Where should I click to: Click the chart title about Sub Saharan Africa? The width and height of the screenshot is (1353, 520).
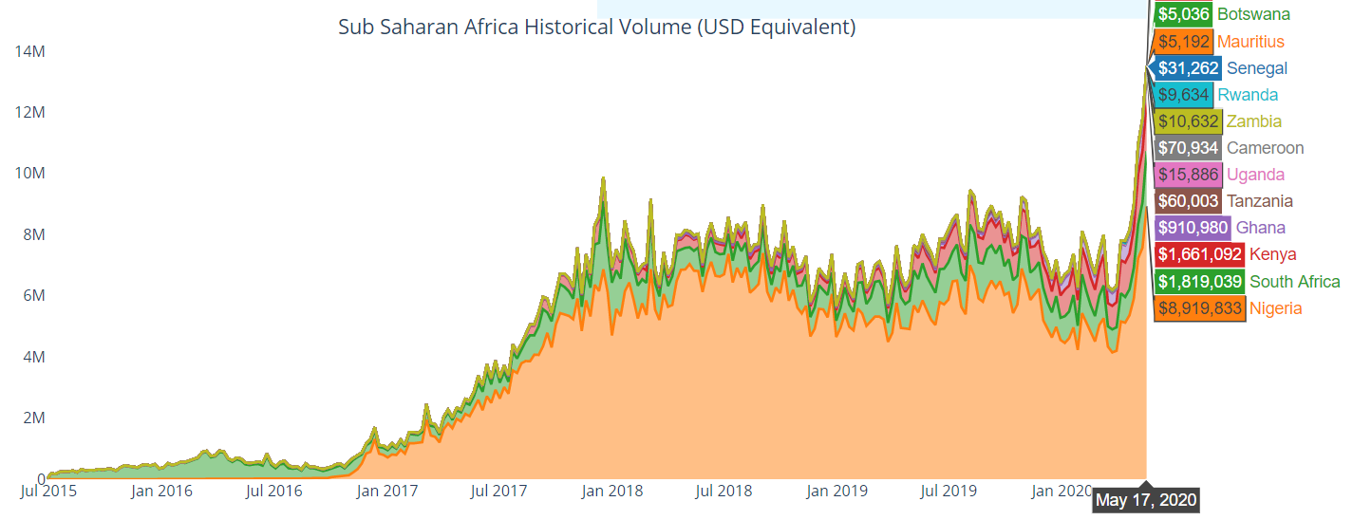pos(596,27)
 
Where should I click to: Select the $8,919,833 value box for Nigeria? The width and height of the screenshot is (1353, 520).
pos(1199,308)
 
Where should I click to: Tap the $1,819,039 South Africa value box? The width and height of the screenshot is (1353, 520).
pos(1199,282)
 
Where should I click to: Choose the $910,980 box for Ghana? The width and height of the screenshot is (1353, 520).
pos(1192,228)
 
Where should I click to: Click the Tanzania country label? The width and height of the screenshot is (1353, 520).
pos(1259,201)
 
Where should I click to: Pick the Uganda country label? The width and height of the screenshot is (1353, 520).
pos(1255,175)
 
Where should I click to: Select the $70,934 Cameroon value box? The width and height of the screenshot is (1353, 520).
pos(1187,148)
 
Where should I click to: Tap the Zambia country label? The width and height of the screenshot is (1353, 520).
pos(1253,121)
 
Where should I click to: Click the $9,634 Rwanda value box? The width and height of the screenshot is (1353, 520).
pos(1183,95)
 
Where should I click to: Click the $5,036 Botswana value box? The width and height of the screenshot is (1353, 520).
pos(1182,15)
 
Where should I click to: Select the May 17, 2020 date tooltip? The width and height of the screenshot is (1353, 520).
pos(1146,499)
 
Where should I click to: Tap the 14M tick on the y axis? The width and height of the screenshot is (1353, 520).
pos(29,51)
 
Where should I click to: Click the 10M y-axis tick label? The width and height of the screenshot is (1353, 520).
pos(29,174)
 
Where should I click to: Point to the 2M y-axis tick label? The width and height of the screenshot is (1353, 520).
pos(33,418)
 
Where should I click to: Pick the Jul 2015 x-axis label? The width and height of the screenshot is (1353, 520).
pos(48,492)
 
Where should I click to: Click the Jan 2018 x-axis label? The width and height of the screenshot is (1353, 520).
pos(611,492)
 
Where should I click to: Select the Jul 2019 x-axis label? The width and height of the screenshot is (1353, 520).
pos(949,492)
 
